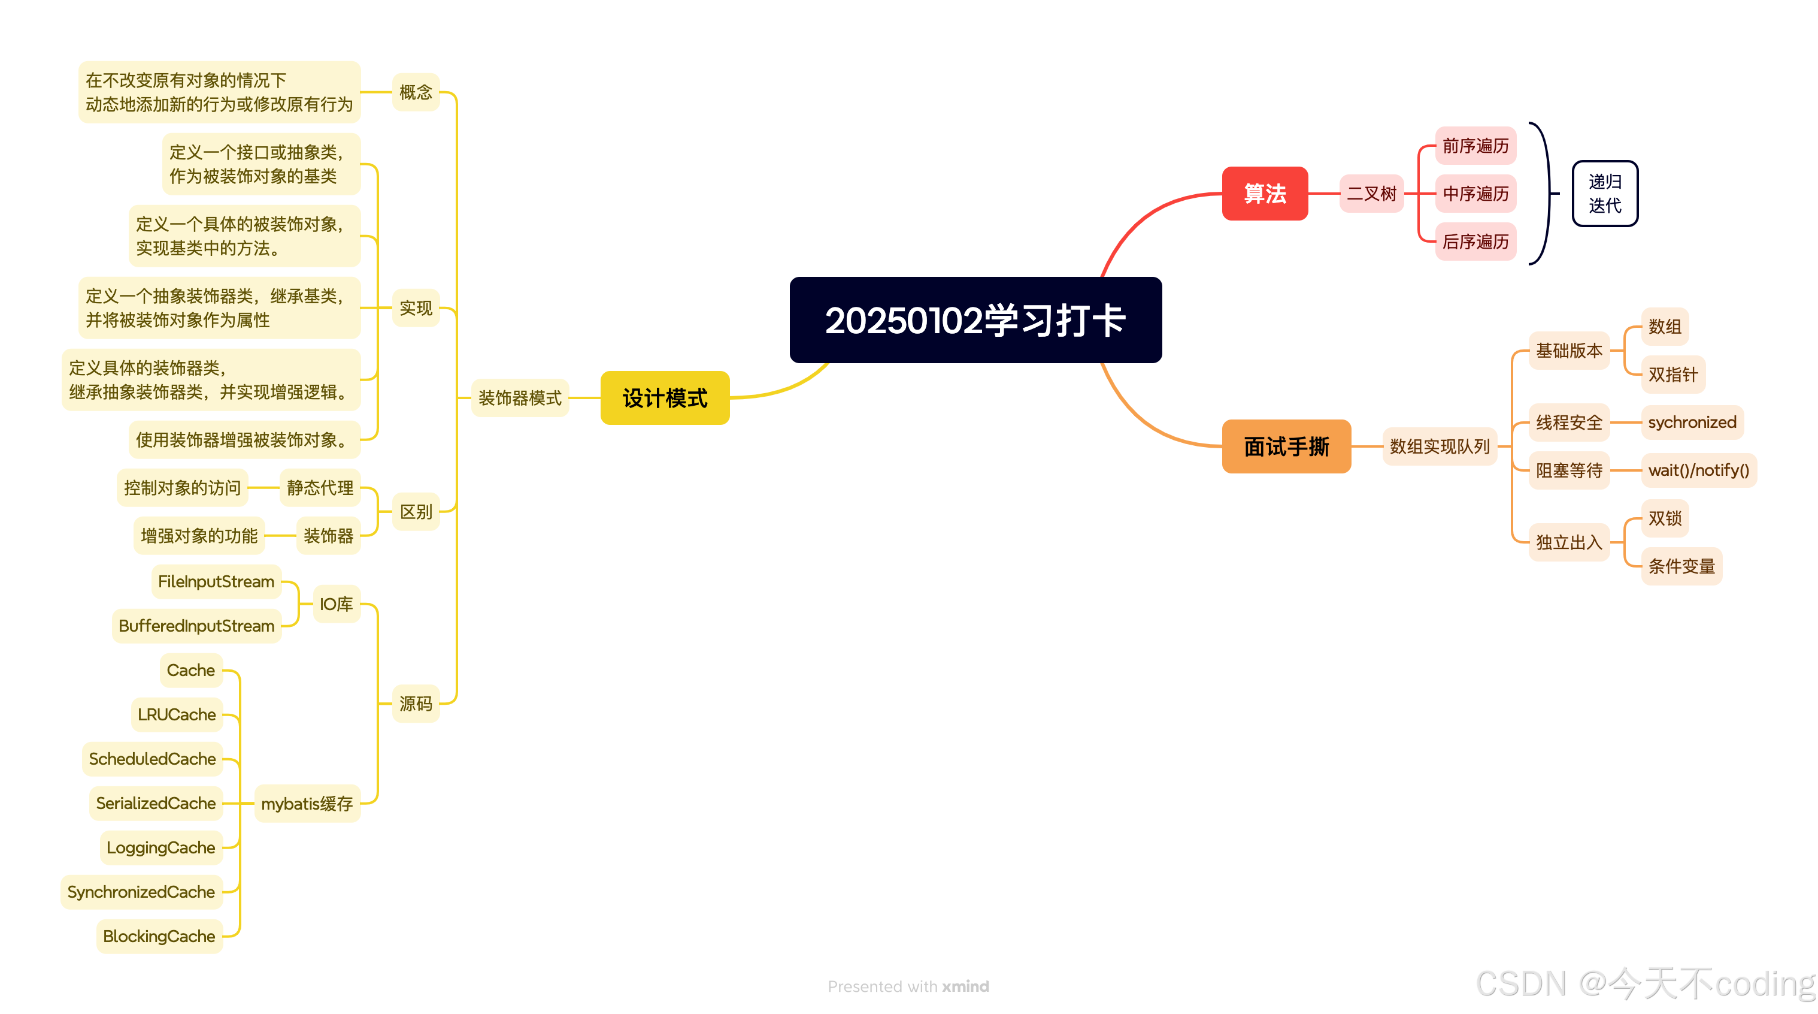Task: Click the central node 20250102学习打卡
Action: [975, 320]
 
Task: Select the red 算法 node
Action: [1265, 194]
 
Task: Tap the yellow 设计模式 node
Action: [665, 397]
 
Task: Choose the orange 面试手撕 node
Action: [1286, 446]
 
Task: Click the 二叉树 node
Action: [1371, 194]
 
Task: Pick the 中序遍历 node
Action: [1475, 194]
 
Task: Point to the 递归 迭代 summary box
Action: [1604, 194]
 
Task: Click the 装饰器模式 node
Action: [519, 397]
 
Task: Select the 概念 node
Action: [416, 92]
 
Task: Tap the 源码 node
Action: [416, 704]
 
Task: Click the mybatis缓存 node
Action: [307, 804]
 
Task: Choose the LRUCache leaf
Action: [177, 714]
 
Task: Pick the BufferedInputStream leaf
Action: [196, 626]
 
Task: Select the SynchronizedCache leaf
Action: [141, 892]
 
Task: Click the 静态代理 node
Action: [320, 488]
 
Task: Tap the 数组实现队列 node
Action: [1439, 446]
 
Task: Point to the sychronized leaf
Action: [1692, 422]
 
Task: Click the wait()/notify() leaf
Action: [1698, 470]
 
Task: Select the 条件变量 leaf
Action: [1681, 566]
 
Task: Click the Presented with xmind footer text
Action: [908, 986]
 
